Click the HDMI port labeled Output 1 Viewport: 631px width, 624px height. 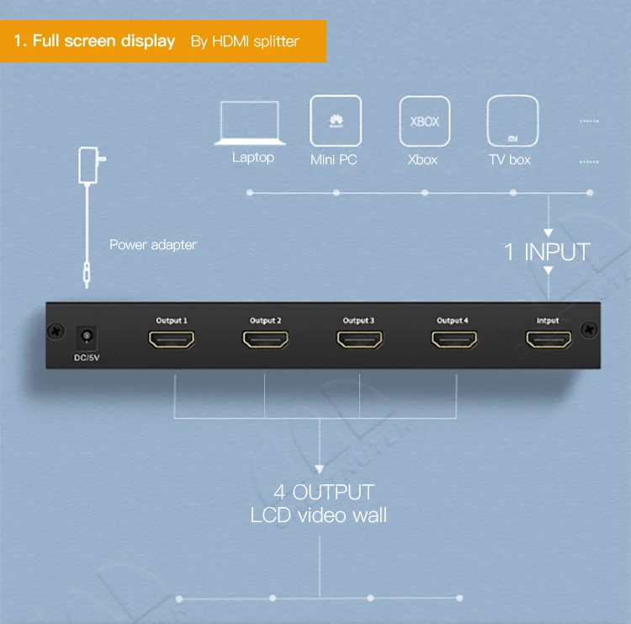tap(172, 340)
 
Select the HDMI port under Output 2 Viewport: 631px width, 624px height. tap(265, 340)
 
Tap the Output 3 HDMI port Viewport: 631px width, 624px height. tap(359, 340)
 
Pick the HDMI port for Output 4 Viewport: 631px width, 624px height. tap(454, 340)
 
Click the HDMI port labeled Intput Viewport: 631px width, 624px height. tap(549, 340)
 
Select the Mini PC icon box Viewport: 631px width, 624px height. tap(336, 120)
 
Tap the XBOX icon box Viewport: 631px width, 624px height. tap(424, 121)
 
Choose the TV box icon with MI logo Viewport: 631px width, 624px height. tap(512, 120)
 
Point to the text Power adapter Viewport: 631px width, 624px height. tap(153, 245)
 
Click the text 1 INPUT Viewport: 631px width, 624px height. tap(547, 251)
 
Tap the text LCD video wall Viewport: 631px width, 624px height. tap(319, 515)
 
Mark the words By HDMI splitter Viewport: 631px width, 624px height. tap(245, 41)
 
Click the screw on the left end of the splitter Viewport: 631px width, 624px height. tap(56, 333)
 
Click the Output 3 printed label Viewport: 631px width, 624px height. tap(358, 320)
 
